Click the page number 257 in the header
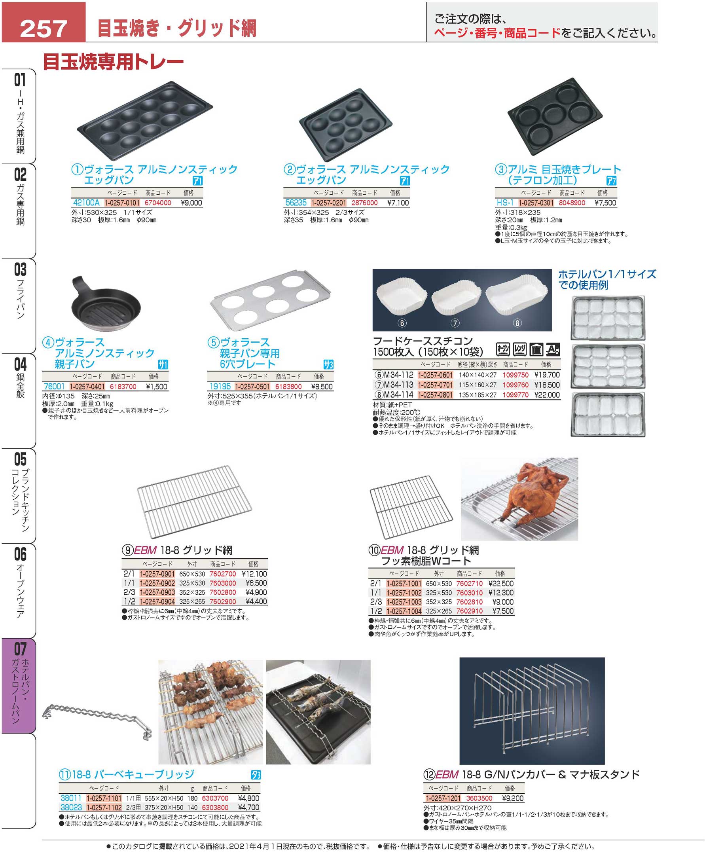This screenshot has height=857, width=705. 44,28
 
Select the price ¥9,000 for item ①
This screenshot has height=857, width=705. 191,203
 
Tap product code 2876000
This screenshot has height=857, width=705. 364,203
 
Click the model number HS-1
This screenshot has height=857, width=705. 505,203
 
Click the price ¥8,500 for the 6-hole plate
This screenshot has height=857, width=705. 322,387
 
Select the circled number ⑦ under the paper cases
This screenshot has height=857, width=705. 455,323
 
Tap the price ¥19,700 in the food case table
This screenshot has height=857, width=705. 547,375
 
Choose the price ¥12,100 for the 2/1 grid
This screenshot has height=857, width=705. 254,574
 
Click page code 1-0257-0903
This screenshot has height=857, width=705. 157,592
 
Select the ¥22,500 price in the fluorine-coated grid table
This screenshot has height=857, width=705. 501,583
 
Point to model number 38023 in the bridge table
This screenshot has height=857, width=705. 71,808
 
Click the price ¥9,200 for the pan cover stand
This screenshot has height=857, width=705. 512,798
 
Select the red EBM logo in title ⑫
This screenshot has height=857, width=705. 447,775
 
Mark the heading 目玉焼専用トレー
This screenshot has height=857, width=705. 113,62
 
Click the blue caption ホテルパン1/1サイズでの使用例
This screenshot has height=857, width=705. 607,279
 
